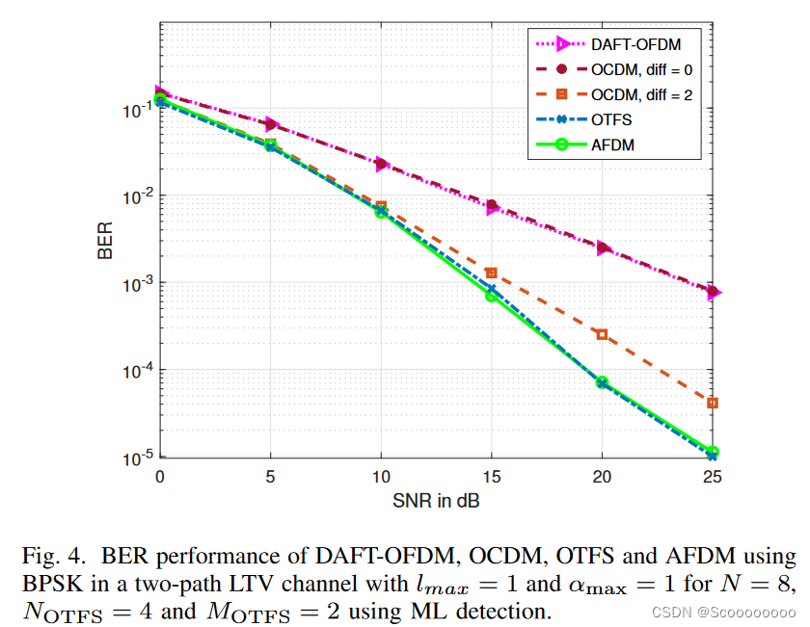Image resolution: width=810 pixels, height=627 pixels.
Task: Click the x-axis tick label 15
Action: click(491, 477)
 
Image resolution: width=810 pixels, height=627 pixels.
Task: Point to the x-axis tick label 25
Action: click(712, 477)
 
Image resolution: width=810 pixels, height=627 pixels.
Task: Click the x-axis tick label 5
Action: click(271, 477)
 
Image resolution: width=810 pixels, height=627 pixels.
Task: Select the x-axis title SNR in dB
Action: click(437, 502)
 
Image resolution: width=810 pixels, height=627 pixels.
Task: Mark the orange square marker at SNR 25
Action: click(713, 403)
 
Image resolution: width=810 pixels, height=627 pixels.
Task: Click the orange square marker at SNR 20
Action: click(602, 334)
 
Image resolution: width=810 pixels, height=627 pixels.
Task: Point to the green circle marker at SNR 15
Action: click(492, 296)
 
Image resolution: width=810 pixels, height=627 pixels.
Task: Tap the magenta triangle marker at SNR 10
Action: click(382, 164)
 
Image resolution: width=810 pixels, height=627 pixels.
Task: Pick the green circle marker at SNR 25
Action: click(713, 452)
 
